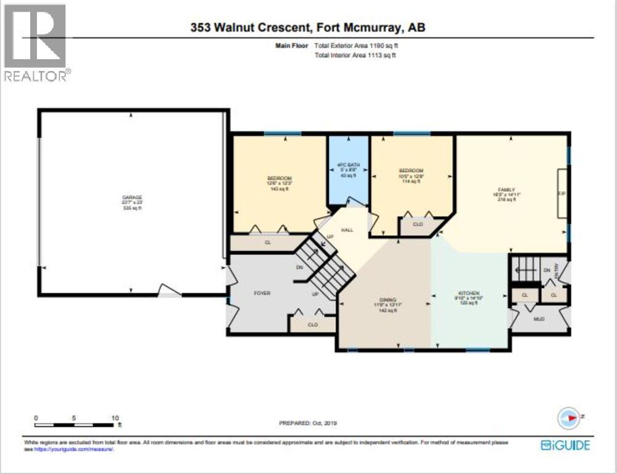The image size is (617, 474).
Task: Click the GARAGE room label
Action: [x=131, y=197]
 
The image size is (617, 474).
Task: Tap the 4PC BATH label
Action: [x=348, y=165]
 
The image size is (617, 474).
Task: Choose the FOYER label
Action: [x=262, y=293]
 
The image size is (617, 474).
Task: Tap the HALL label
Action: [x=347, y=230]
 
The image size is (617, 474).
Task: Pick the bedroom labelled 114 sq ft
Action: [x=411, y=170]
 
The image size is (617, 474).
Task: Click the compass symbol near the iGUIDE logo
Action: [x=567, y=418]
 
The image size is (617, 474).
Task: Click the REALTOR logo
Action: [x=36, y=43]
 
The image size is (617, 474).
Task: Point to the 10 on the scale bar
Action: [x=115, y=418]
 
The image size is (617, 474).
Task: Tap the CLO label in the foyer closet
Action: [x=313, y=324]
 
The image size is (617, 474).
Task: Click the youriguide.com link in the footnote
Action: [x=74, y=449]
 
